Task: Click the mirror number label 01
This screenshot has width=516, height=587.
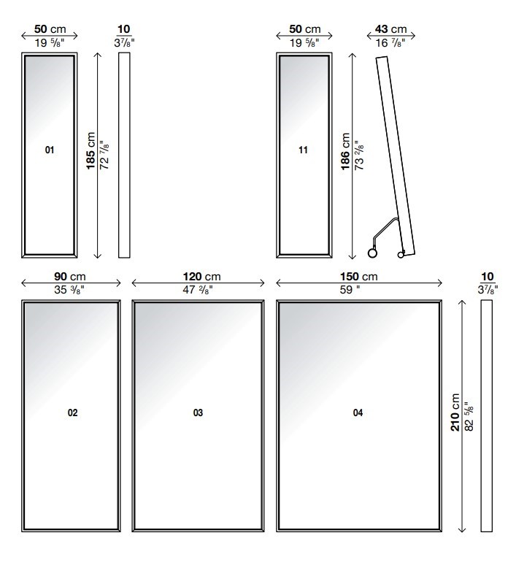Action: tap(50, 150)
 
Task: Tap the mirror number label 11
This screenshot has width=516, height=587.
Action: tap(303, 150)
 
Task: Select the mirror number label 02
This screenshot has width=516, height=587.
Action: tap(72, 413)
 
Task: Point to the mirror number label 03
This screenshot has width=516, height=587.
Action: tap(198, 413)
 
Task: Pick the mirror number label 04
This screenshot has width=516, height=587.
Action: tap(358, 413)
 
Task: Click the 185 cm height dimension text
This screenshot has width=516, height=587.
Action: tap(91, 150)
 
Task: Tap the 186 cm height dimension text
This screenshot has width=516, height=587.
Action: tap(345, 151)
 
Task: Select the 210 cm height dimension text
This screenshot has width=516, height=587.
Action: tap(455, 413)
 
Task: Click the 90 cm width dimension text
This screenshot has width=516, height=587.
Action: tap(70, 277)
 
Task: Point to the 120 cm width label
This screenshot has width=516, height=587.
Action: tap(201, 277)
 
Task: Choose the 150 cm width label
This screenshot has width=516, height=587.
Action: tap(359, 277)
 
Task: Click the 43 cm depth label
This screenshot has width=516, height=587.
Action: tap(390, 29)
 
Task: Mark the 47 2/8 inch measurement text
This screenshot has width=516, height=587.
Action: tap(198, 289)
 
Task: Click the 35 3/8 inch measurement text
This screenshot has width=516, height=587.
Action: tap(69, 289)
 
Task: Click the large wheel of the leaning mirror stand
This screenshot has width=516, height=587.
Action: tap(373, 253)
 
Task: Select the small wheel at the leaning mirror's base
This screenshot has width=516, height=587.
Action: tap(401, 255)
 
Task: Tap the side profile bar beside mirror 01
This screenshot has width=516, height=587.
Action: tap(124, 155)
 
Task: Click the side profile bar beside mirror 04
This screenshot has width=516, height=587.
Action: tap(486, 415)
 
